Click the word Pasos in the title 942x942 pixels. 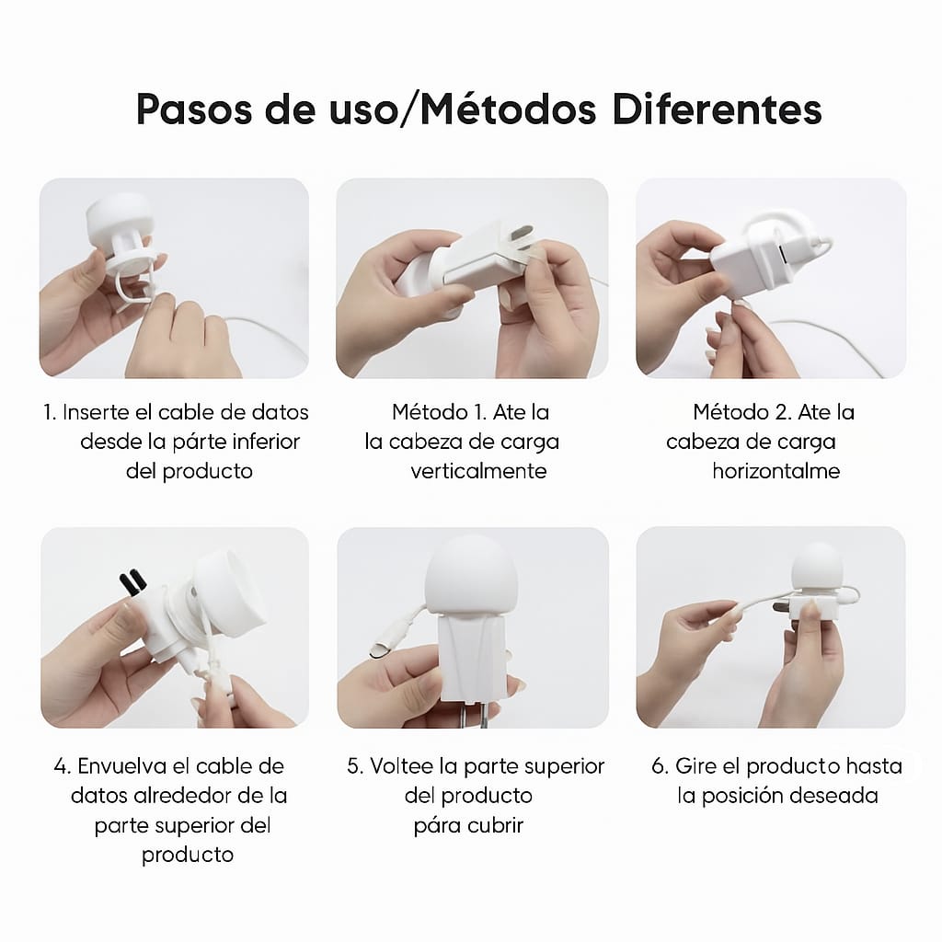pyautogui.click(x=194, y=109)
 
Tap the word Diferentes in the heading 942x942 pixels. pyautogui.click(x=717, y=109)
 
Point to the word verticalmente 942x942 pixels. pyautogui.click(x=478, y=471)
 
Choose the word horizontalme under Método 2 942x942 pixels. pyautogui.click(x=776, y=471)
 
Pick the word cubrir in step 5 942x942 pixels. pyautogui.click(x=496, y=825)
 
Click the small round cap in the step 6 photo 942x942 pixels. pyautogui.click(x=817, y=568)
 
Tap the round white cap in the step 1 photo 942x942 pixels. pyautogui.click(x=120, y=219)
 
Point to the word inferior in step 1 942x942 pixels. pyautogui.click(x=266, y=442)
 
